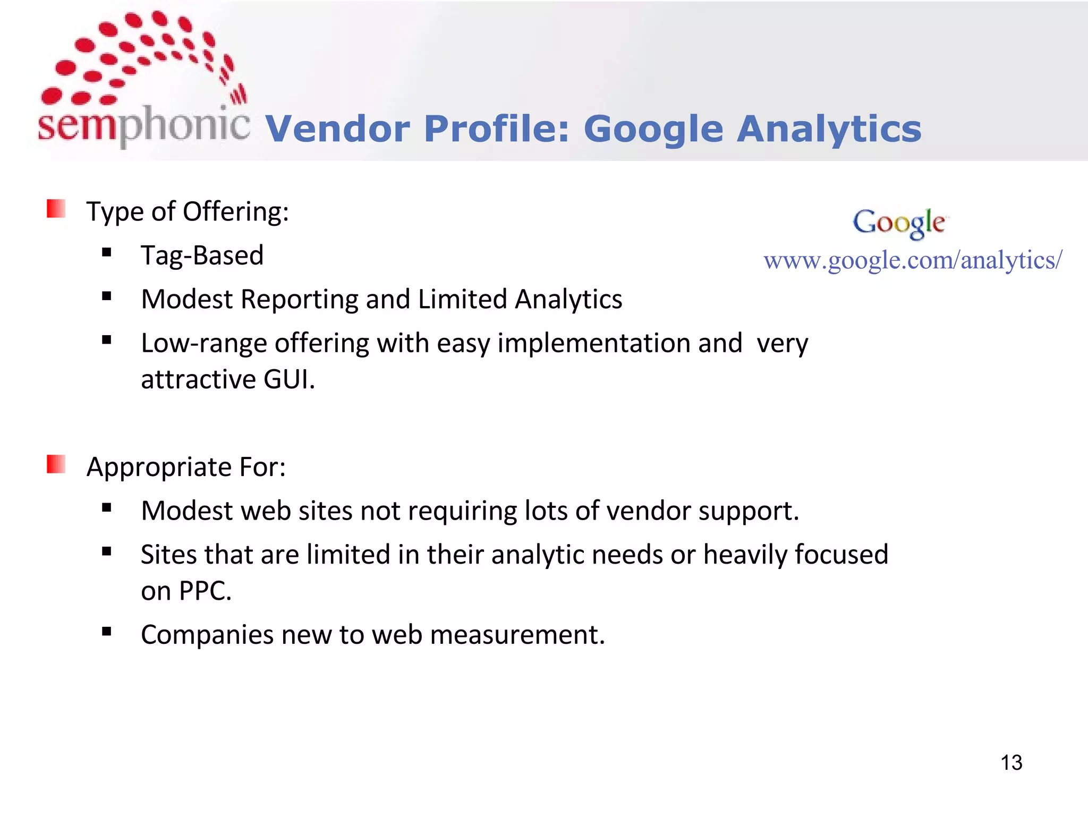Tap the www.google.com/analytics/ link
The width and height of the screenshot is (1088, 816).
[x=913, y=260]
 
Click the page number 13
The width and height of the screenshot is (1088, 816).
[x=1011, y=763]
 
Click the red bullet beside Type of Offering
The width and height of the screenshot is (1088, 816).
[x=56, y=209]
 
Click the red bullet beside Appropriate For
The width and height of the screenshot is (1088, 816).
[x=56, y=464]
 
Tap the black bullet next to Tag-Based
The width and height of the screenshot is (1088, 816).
[x=107, y=253]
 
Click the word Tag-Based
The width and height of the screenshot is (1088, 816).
[x=202, y=256]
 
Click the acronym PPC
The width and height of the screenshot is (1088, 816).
[x=205, y=591]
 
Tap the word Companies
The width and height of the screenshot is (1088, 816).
[x=207, y=635]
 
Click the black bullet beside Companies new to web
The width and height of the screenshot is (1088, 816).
[x=107, y=632]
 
